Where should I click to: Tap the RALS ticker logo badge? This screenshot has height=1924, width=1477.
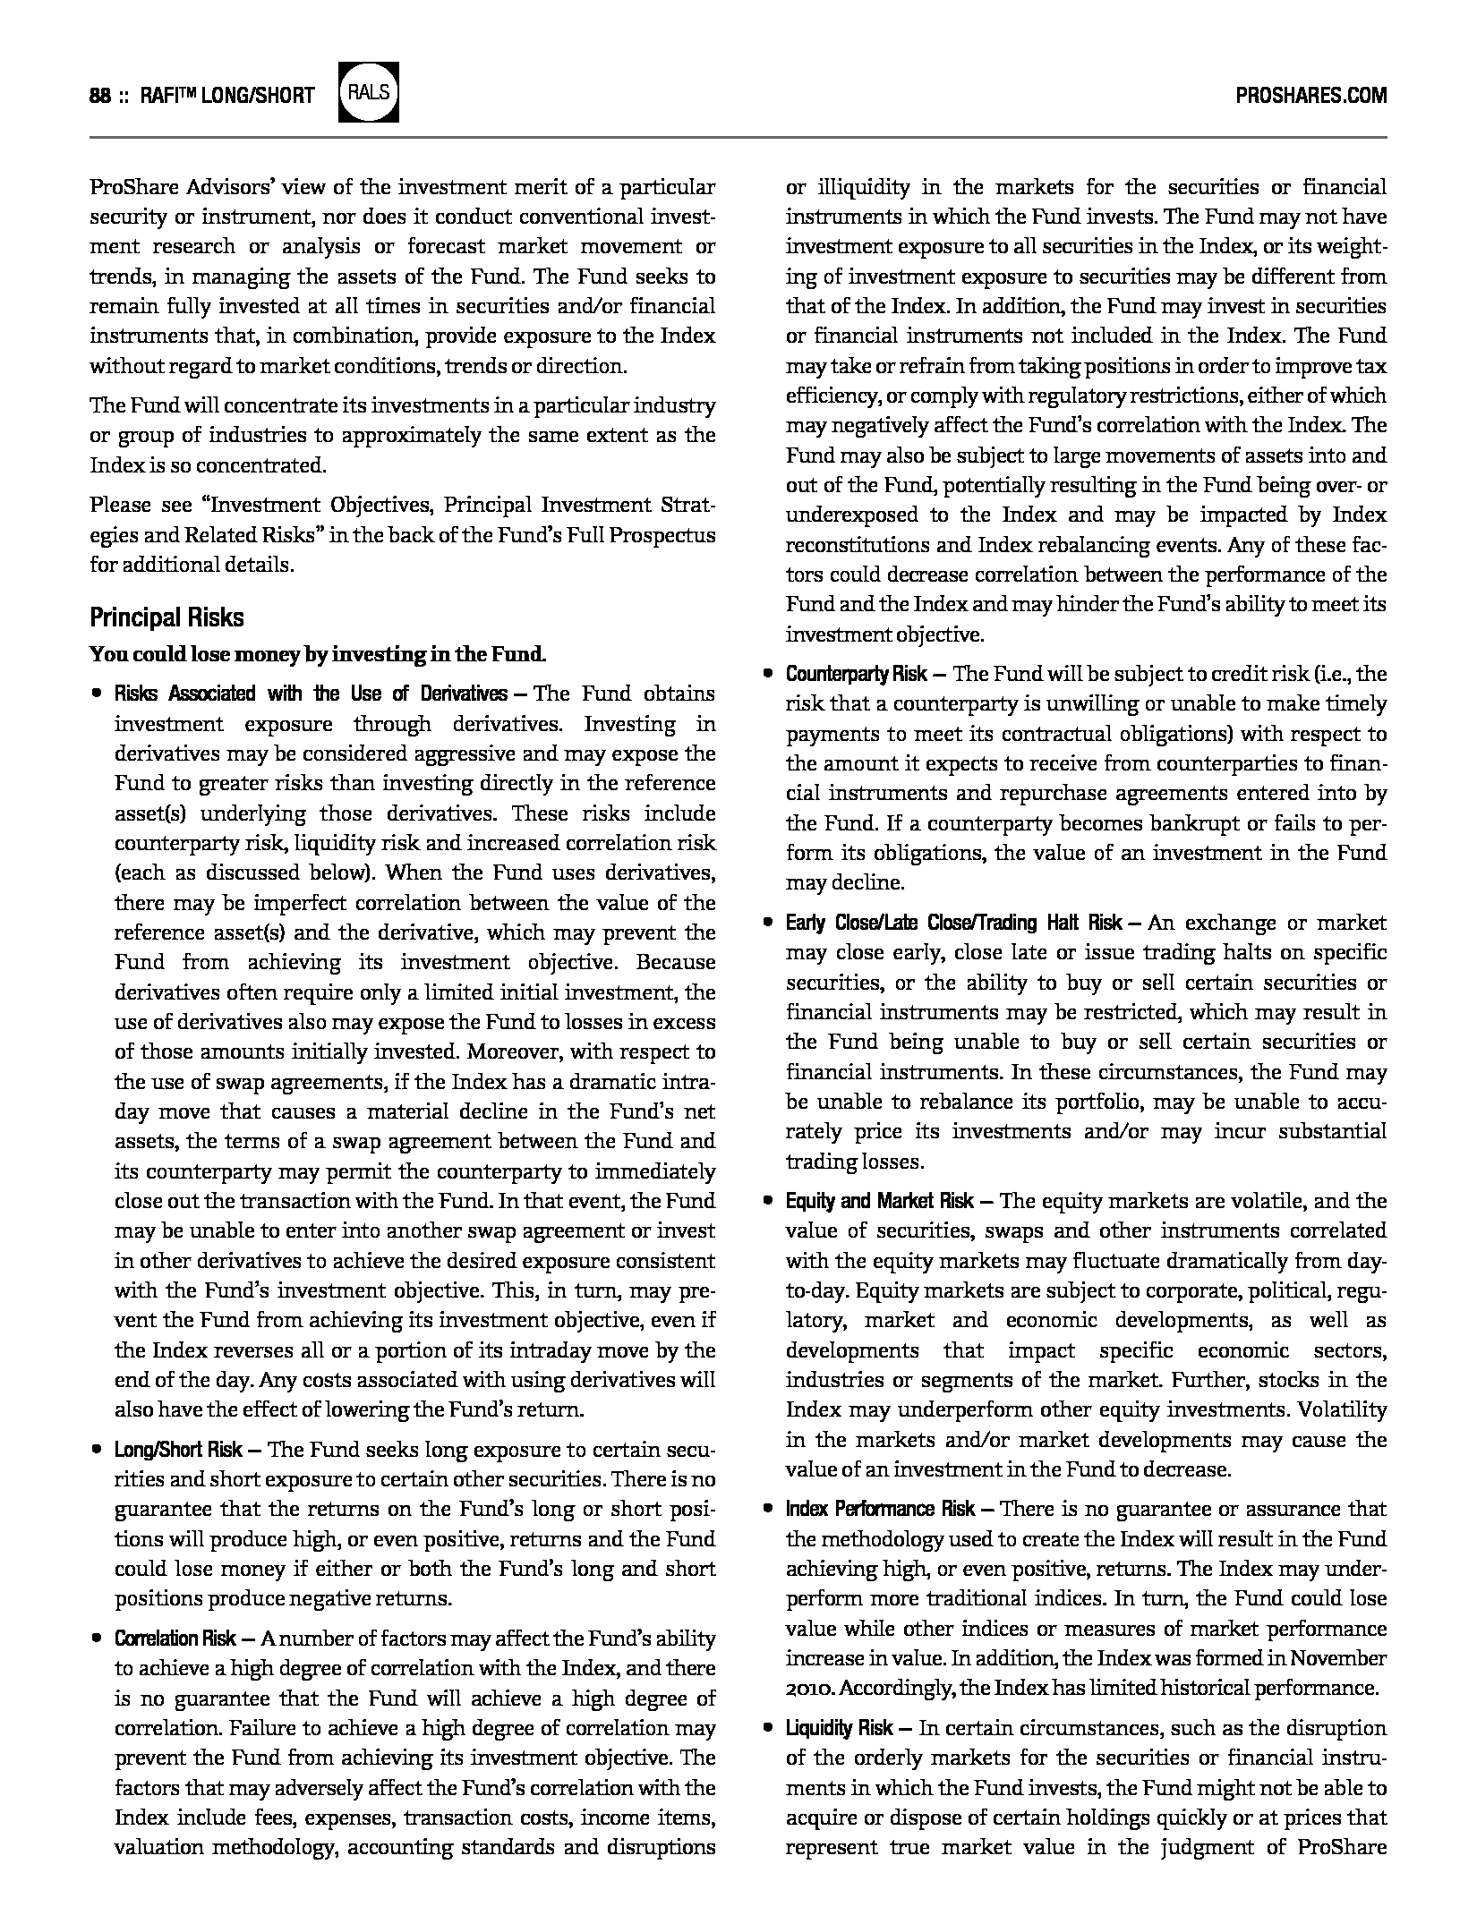coord(369,93)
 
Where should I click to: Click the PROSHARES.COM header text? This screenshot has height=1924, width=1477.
coord(1311,96)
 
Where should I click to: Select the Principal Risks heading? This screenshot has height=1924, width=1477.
coord(166,618)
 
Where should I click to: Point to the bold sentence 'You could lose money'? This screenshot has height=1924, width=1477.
coord(318,654)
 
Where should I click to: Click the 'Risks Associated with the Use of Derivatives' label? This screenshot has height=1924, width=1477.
coord(311,694)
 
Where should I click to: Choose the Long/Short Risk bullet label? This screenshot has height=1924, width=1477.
coord(178,1450)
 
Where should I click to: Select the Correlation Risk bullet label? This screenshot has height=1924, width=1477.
coord(175,1639)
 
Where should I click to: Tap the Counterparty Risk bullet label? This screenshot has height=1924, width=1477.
coord(856,674)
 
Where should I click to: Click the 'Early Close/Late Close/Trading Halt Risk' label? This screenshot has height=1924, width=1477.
coord(953,923)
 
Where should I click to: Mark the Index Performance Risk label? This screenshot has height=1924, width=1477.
coord(880,1509)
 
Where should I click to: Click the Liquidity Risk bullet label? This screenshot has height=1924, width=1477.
coord(839,1728)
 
